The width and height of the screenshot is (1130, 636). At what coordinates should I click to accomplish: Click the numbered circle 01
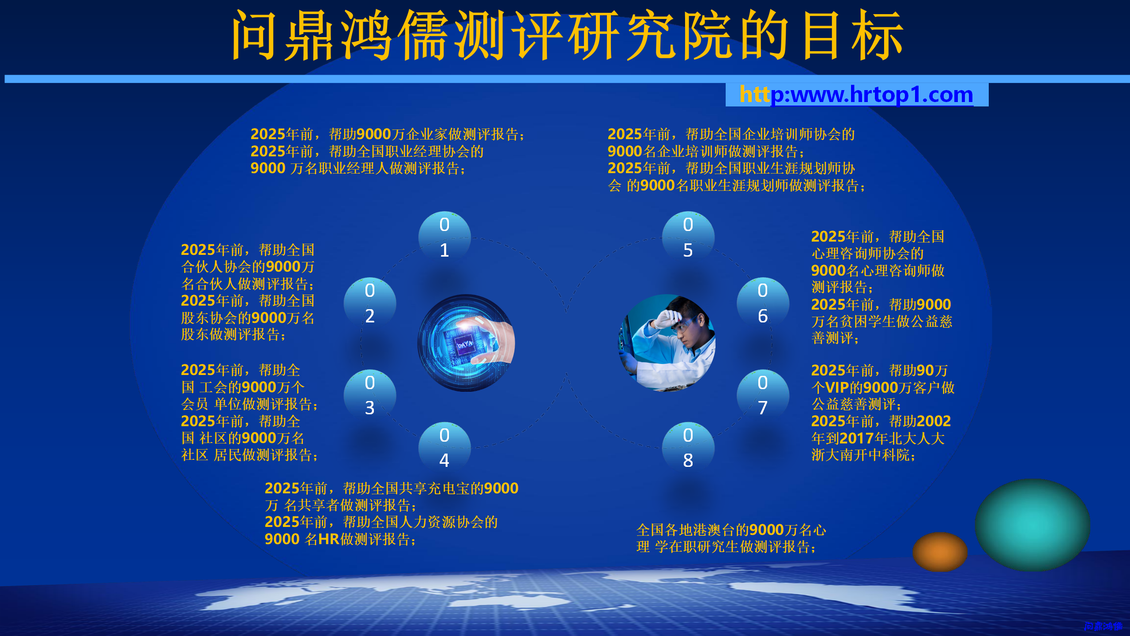[444, 238]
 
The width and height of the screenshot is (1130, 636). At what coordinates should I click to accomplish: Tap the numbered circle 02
[370, 303]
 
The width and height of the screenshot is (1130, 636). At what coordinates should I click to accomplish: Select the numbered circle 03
[370, 395]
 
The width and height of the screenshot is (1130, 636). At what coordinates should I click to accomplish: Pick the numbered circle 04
[444, 448]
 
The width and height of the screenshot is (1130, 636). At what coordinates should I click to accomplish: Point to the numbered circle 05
[688, 238]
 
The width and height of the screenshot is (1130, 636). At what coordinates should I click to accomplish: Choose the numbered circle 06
[763, 303]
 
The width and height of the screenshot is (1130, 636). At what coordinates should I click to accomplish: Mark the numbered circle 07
[763, 395]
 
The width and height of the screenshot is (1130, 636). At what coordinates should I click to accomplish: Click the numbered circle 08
[688, 448]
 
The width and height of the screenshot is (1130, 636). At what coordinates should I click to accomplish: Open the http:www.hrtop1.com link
[856, 95]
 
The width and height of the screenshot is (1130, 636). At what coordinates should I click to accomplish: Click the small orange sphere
[940, 552]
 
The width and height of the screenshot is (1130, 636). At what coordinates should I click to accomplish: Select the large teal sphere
[1032, 525]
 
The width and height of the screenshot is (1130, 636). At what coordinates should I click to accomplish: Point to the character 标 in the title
[878, 35]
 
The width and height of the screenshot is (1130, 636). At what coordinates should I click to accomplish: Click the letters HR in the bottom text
[328, 539]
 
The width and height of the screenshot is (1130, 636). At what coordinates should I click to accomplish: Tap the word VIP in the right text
[837, 388]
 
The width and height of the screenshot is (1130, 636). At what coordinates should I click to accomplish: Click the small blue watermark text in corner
[1103, 626]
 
